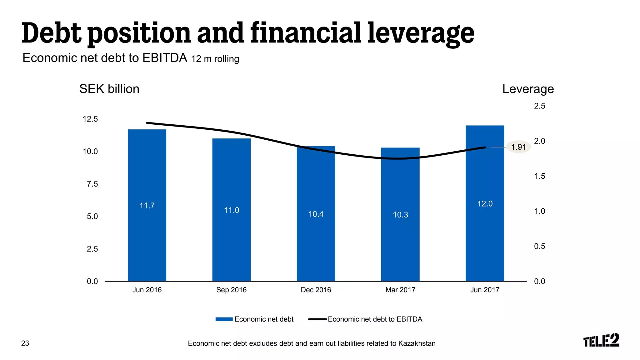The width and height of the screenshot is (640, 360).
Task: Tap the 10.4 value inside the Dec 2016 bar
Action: tap(316, 214)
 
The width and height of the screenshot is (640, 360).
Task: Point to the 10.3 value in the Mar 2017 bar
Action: tap(400, 215)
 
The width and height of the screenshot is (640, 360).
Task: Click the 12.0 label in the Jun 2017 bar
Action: tap(485, 204)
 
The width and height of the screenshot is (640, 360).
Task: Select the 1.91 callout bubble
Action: tap(518, 147)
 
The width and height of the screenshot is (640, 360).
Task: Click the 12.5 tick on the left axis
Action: tap(90, 119)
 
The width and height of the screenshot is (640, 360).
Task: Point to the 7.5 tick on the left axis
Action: tap(92, 184)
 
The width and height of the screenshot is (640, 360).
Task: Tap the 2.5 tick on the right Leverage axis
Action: tap(539, 106)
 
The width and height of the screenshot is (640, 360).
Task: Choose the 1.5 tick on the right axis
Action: tap(539, 176)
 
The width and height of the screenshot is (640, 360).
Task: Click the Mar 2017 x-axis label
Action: tap(400, 290)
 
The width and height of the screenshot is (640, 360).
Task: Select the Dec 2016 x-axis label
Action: tap(316, 290)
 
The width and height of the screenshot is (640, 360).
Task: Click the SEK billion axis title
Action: tap(109, 89)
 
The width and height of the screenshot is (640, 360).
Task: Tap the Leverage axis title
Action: tap(528, 89)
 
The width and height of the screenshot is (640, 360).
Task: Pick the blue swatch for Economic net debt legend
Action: tap(224, 319)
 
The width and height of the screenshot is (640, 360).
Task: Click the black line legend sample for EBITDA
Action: tap(317, 319)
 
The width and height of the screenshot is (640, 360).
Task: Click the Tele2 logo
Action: tap(601, 340)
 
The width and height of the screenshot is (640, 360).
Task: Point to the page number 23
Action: tap(25, 343)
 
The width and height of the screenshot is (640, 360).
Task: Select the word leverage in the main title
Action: tap(421, 34)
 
